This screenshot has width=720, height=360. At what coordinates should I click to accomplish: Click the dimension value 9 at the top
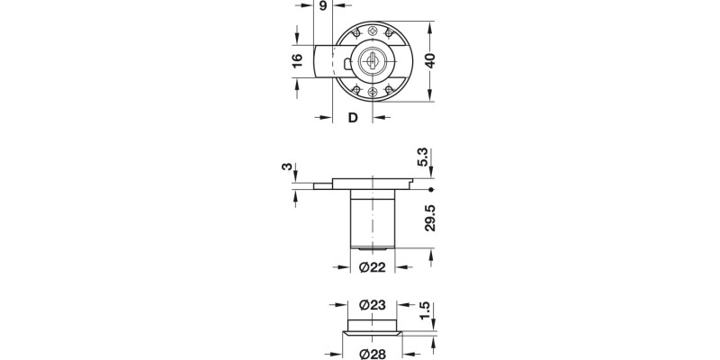tap(322, 7)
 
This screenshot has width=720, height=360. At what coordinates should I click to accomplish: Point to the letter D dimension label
tap(353, 118)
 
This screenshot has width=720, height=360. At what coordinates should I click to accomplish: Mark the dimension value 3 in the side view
tap(287, 168)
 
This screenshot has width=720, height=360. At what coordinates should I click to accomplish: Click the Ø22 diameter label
tap(371, 268)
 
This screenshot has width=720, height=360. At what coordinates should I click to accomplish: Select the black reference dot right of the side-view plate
tap(432, 190)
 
